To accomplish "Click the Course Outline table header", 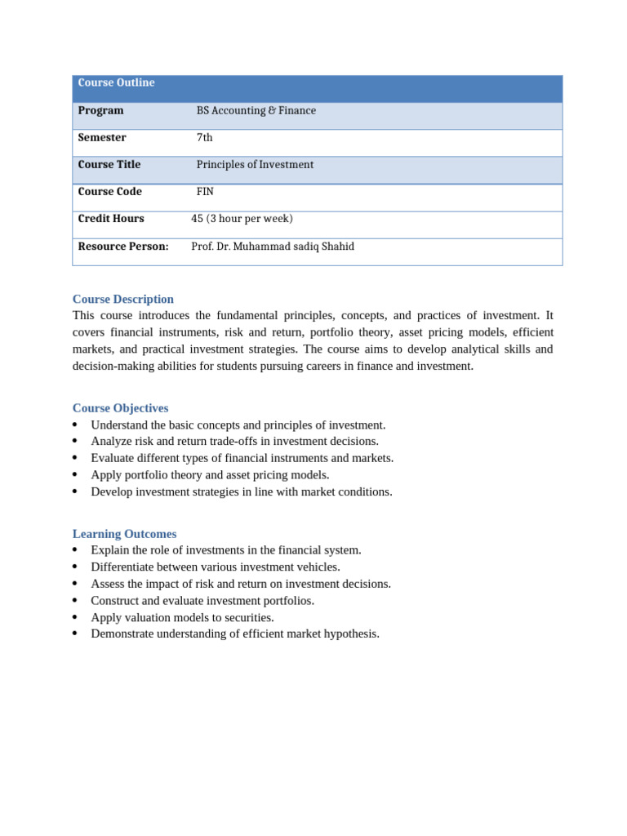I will (x=116, y=83).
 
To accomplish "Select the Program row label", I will (x=100, y=111).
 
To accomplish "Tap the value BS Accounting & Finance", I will (x=256, y=111).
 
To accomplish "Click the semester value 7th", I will (x=204, y=138).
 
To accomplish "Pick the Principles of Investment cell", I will (x=255, y=165).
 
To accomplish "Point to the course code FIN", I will (x=205, y=192).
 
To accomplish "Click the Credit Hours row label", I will (x=111, y=219).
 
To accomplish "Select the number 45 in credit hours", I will (x=197, y=219).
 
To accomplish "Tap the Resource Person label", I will (x=123, y=247).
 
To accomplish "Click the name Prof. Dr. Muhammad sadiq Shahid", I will (x=273, y=247).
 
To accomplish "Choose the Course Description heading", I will (x=123, y=300).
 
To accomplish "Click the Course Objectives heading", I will (x=121, y=408).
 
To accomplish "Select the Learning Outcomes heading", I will (x=124, y=534).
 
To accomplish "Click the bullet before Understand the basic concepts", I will (x=75, y=425).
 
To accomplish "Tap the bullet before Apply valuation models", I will (x=75, y=617).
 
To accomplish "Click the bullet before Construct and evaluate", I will (x=75, y=601).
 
